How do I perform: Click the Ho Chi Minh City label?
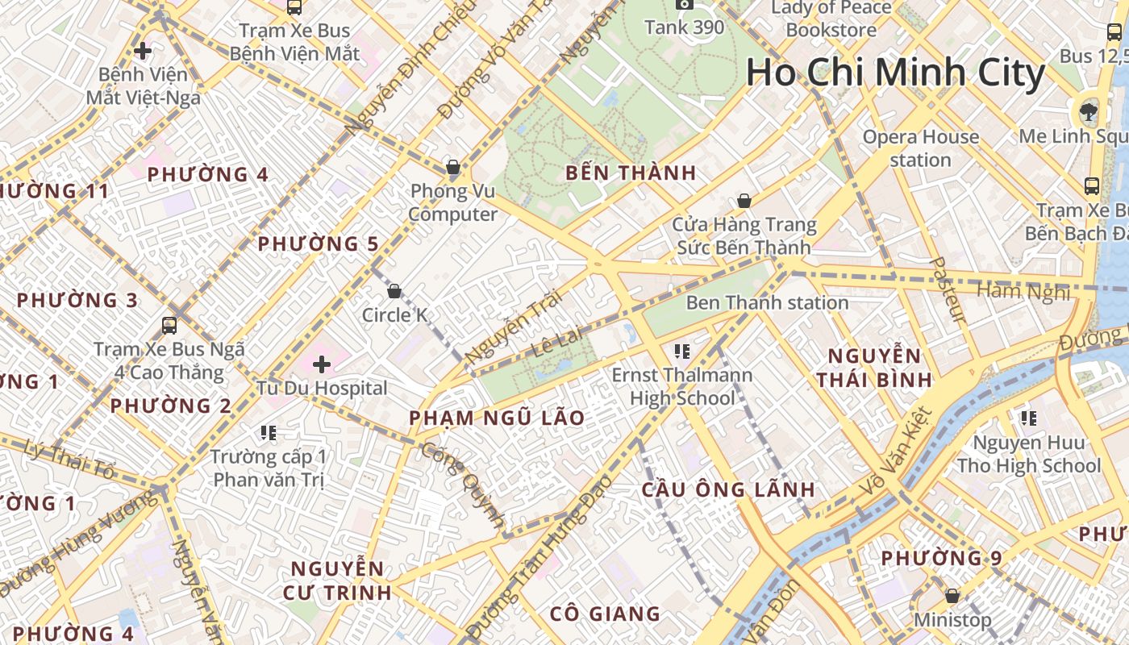(895, 73)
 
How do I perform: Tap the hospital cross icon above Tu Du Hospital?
(322, 364)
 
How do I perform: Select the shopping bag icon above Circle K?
(394, 291)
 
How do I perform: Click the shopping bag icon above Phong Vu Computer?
(453, 168)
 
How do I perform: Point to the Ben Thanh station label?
(767, 303)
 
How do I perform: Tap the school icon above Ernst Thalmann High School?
(682, 352)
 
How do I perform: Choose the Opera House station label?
(920, 148)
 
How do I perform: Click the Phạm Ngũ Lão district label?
(497, 418)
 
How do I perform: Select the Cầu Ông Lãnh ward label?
(728, 489)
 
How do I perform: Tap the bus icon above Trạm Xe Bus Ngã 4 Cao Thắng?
(169, 326)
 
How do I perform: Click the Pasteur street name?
(947, 290)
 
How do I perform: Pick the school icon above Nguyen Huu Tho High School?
(1028, 418)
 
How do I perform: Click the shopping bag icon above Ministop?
(952, 596)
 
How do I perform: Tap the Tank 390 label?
(685, 27)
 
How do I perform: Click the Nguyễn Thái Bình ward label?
(874, 367)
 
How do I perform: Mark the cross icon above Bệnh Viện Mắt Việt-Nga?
(143, 51)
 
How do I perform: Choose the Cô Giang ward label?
(605, 614)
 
